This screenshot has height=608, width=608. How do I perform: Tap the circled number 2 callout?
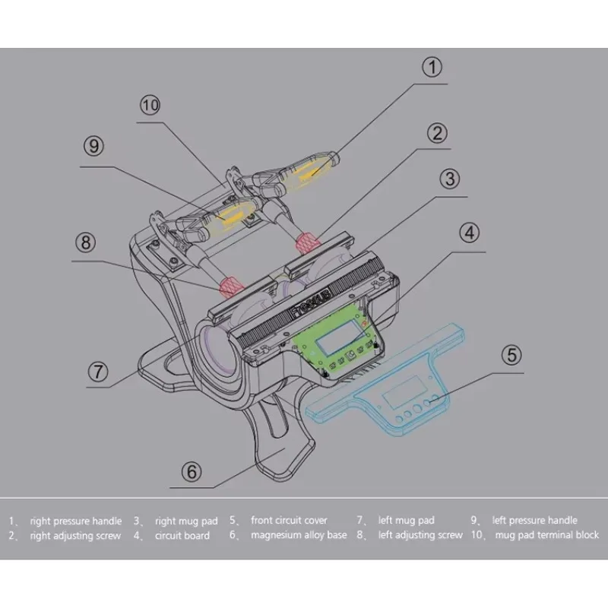435,135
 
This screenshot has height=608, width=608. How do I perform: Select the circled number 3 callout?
450,179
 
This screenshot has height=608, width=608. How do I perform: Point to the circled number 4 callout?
470,233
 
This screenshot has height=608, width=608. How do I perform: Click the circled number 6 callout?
192,472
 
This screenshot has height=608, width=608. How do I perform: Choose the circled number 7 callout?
97,372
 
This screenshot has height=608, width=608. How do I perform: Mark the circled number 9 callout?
93,145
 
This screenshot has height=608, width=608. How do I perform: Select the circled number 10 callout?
150,105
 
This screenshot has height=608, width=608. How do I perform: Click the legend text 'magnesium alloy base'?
299,535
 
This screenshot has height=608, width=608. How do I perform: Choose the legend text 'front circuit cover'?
289,521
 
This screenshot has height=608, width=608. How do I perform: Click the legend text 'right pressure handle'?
75,521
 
